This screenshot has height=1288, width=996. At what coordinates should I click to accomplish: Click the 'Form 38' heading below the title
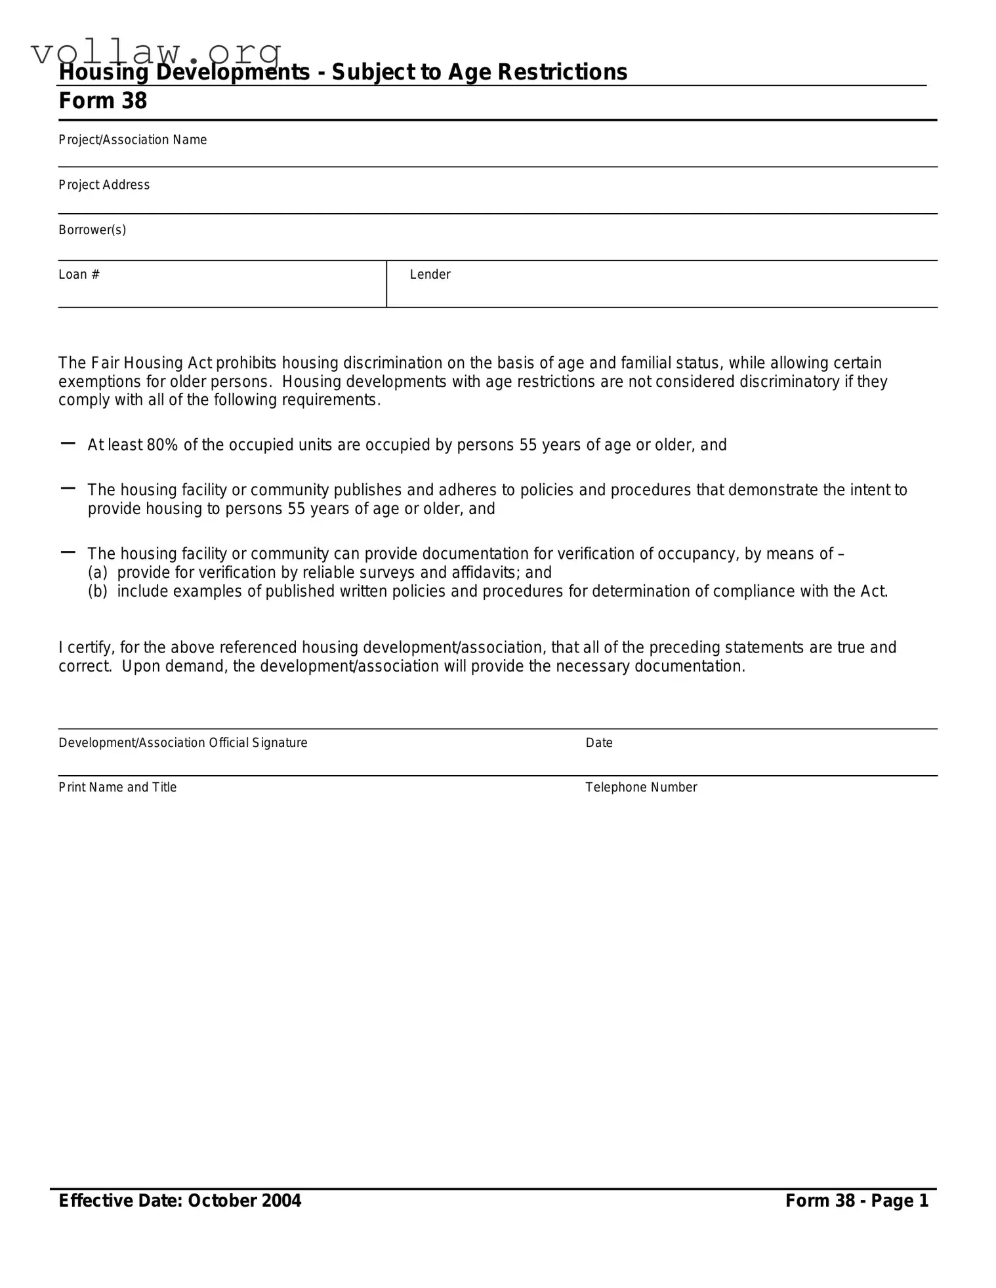[x=103, y=101]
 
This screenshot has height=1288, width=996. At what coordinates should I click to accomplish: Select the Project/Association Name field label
[x=133, y=140]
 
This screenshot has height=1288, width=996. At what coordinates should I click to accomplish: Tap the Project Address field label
[x=104, y=185]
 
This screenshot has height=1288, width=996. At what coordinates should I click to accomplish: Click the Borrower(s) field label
[x=92, y=230]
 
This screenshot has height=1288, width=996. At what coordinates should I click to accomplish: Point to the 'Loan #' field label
[x=79, y=274]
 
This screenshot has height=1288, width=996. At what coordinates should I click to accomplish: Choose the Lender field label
[x=430, y=274]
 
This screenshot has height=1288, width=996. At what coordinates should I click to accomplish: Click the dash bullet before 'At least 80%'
[x=68, y=444]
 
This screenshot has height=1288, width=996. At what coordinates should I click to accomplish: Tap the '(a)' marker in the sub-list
[x=98, y=573]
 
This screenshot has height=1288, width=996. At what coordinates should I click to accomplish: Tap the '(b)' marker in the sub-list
[x=98, y=592]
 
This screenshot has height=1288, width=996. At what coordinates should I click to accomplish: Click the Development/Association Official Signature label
[x=183, y=742]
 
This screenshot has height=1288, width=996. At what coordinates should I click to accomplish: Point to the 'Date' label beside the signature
[x=599, y=742]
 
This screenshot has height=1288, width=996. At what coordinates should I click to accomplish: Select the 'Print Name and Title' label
[x=117, y=787]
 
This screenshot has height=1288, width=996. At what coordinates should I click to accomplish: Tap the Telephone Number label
[x=641, y=787]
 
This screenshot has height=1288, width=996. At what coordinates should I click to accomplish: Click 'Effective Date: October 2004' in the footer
[x=180, y=1201]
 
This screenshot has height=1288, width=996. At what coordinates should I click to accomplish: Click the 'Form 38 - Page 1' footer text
[x=857, y=1201]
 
